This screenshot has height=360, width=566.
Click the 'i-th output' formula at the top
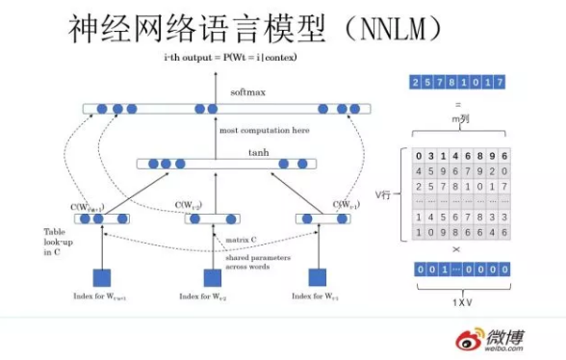pyautogui.click(x=230, y=59)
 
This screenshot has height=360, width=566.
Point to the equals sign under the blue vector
pyautogui.click(x=458, y=103)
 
